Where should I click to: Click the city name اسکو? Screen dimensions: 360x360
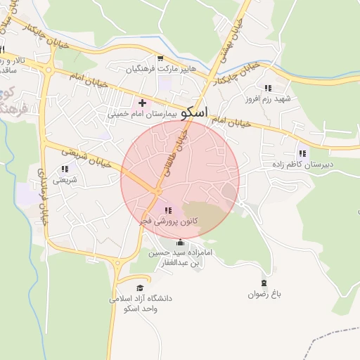pos(194,112)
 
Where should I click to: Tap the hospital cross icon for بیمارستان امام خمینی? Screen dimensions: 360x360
pos(142,103)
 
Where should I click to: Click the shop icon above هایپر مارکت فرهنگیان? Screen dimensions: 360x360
pos(160,58)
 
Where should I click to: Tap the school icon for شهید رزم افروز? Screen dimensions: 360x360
pos(268,87)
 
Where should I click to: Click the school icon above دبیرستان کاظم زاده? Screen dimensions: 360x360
pos(302,153)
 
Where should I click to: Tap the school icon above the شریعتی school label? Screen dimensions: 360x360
pos(65,169)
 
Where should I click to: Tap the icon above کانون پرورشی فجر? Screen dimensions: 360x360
pos(167,210)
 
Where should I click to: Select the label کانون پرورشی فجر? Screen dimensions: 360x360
pos(169,221)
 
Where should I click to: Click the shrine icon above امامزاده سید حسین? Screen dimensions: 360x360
pos(179,243)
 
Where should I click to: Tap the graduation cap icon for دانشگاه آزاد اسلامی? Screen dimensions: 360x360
pos(139,288)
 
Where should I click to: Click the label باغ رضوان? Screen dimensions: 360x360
pos(264,295)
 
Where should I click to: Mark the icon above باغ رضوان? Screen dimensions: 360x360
pos(264,283)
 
